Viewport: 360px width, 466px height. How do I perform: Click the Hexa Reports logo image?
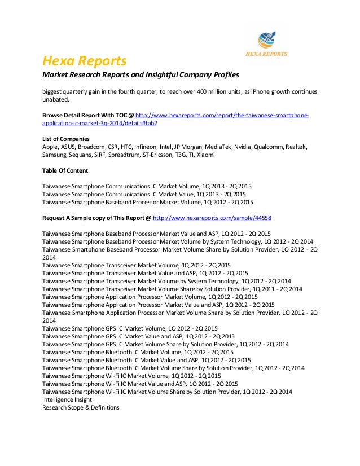[269, 44]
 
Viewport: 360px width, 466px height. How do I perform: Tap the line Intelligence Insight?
[67, 399]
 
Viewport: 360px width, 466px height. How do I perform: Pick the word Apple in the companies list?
[51, 147]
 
